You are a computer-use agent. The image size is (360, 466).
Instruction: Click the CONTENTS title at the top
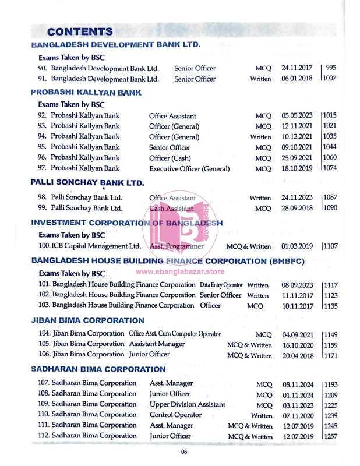click(80, 31)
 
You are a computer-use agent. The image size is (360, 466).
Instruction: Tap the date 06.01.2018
click(297, 79)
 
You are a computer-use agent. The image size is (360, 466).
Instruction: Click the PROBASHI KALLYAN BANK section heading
click(86, 93)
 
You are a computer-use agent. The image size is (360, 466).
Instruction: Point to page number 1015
click(330, 116)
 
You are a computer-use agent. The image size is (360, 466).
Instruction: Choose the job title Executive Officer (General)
click(189, 169)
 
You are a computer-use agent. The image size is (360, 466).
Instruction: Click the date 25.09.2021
click(297, 158)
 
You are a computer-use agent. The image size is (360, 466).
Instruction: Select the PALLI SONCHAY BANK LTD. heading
click(87, 183)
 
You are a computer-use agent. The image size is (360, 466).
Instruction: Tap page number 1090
click(330, 208)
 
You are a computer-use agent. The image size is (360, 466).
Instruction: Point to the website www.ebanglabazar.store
click(180, 271)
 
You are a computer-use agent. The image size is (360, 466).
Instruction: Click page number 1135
click(330, 305)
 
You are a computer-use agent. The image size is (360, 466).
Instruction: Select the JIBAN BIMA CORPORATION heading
click(87, 321)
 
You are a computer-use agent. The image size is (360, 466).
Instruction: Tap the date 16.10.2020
click(297, 345)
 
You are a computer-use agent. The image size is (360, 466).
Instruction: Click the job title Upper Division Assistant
click(188, 404)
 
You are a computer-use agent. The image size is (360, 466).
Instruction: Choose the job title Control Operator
click(176, 415)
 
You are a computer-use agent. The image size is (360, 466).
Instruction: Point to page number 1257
click(330, 436)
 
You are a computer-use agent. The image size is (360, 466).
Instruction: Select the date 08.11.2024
click(297, 384)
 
